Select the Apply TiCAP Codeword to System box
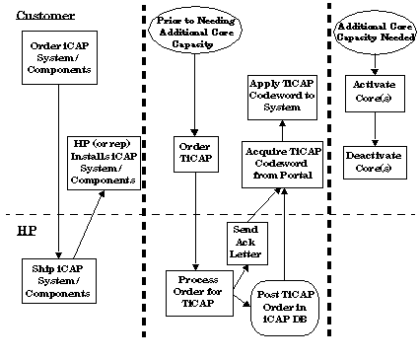(283, 100)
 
